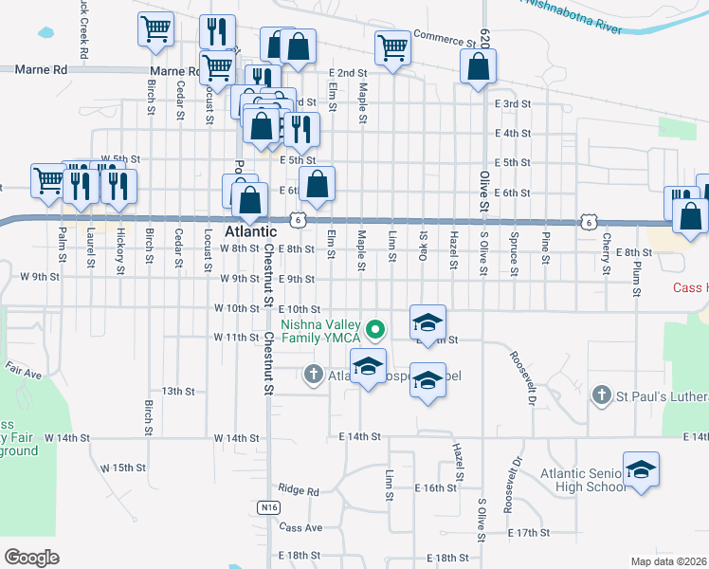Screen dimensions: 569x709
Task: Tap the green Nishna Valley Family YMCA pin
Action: [376, 330]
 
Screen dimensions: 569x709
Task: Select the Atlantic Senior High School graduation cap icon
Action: [641, 470]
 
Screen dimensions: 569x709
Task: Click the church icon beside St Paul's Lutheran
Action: [599, 394]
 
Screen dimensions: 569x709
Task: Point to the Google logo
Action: [31, 557]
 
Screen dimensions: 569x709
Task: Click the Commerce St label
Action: [444, 43]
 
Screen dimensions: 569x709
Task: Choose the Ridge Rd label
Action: [299, 490]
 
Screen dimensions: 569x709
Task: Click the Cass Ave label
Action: [300, 527]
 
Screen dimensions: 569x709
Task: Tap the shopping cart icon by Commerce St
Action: [392, 46]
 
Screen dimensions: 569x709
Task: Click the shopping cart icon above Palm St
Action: [47, 179]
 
